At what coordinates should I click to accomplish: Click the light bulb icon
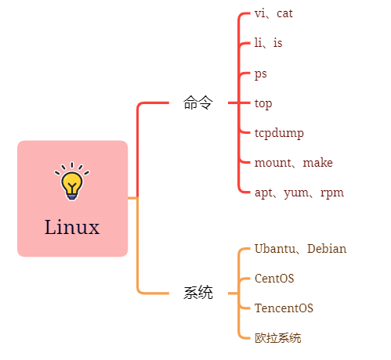pyautogui.click(x=72, y=181)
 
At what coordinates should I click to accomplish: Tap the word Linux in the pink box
pyautogui.click(x=72, y=227)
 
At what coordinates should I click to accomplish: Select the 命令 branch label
pyautogui.click(x=198, y=103)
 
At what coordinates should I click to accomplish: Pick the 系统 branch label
pyautogui.click(x=198, y=293)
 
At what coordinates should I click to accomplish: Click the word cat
pyautogui.click(x=284, y=13)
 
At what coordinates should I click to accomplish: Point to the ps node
pyautogui.click(x=261, y=74)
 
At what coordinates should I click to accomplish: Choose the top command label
pyautogui.click(x=263, y=103)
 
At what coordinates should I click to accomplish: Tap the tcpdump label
pyautogui.click(x=279, y=133)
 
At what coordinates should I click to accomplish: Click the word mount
pyautogui.click(x=273, y=163)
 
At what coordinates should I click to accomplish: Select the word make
pyautogui.click(x=317, y=163)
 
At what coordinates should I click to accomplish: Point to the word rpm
pyautogui.click(x=332, y=193)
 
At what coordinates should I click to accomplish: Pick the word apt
pyautogui.click(x=263, y=193)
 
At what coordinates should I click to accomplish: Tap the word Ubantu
pyautogui.click(x=275, y=249)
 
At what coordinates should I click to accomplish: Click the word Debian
pyautogui.click(x=327, y=249)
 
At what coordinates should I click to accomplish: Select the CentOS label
pyautogui.click(x=274, y=279)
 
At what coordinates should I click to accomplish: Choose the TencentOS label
pyautogui.click(x=284, y=308)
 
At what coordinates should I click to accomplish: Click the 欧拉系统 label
pyautogui.click(x=278, y=338)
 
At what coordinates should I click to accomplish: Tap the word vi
pyautogui.click(x=259, y=13)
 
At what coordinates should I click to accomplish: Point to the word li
pyautogui.click(x=258, y=42)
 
